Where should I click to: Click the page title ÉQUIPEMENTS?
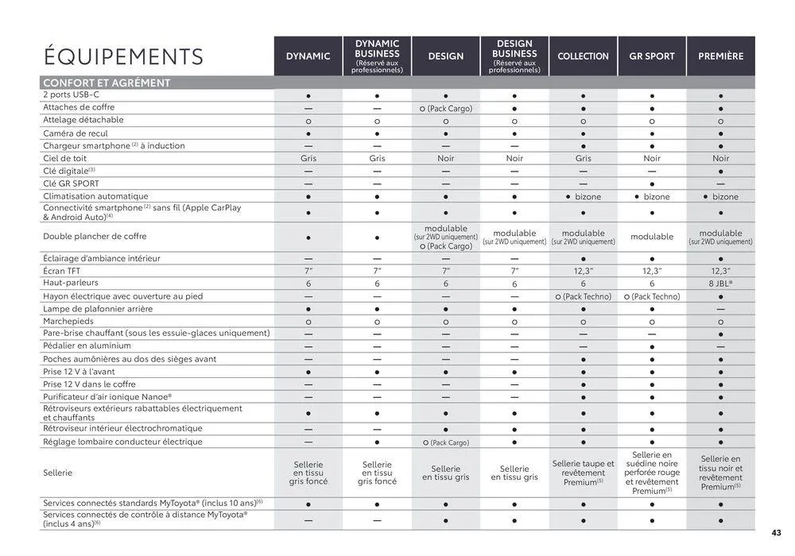[123, 56]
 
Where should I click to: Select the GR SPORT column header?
[652, 56]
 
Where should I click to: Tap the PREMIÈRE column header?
[721, 56]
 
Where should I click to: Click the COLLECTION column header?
[583, 56]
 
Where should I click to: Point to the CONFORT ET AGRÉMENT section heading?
[107, 83]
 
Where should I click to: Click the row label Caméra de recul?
[76, 133]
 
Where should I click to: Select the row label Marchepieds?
[69, 322]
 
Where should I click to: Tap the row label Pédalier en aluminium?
[87, 346]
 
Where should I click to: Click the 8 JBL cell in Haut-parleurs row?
[721, 284]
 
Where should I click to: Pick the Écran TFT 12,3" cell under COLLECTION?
[583, 271]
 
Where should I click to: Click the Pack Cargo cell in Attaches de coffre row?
[446, 108]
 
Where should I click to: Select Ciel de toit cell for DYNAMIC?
[308, 158]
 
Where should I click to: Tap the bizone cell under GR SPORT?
[652, 197]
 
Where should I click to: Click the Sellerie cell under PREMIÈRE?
[721, 473]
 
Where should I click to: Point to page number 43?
[776, 533]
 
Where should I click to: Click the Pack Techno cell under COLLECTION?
[583, 296]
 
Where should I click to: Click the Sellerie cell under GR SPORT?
[652, 473]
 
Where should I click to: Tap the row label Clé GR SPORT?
[71, 183]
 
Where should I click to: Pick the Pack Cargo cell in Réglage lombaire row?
[446, 442]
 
